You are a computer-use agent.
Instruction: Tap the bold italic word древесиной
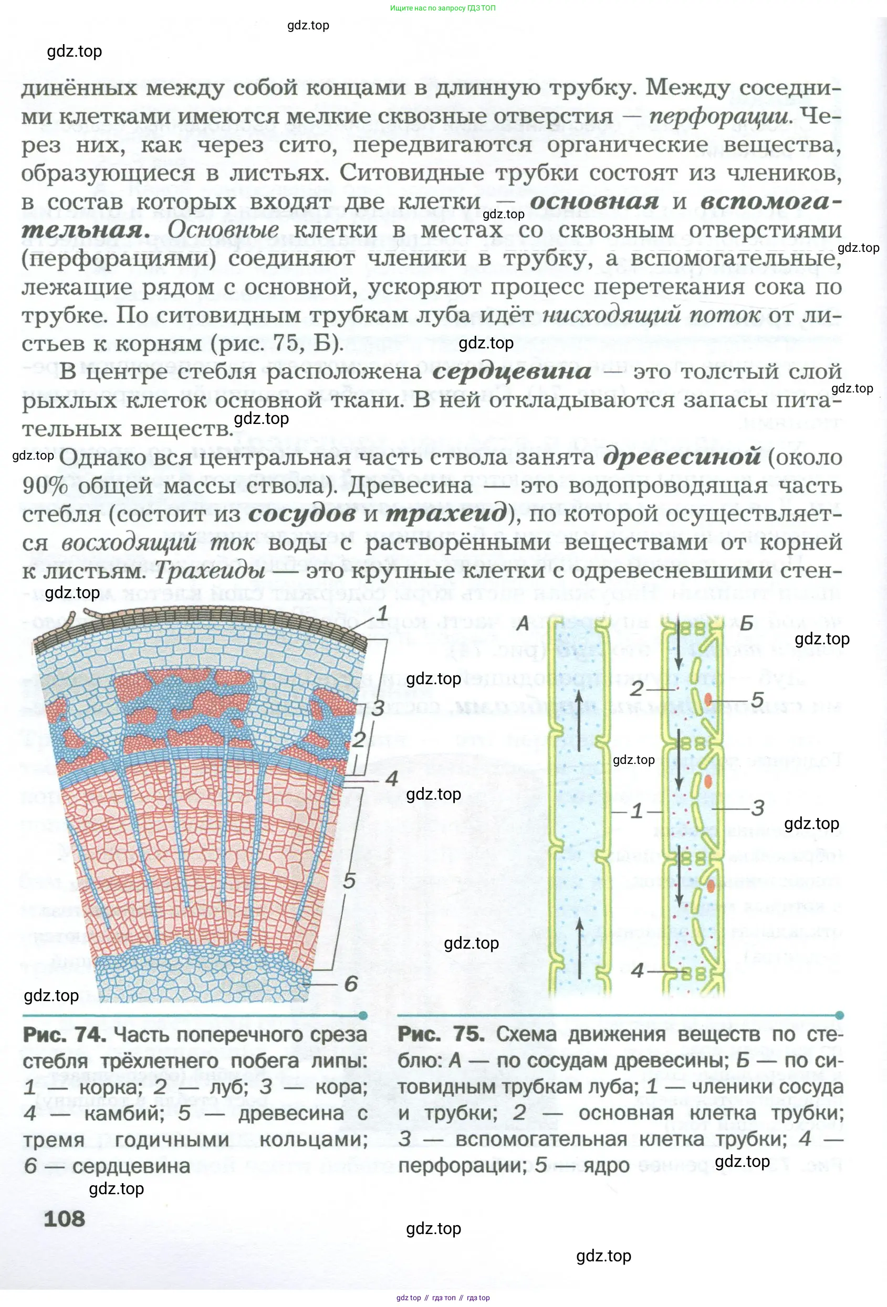(x=682, y=456)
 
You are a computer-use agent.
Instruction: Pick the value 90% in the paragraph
(x=45, y=486)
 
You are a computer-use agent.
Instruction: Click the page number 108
(x=64, y=1218)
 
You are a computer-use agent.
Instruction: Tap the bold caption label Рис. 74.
(x=64, y=1034)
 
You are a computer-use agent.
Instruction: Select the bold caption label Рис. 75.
(x=441, y=1034)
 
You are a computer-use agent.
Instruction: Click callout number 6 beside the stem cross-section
(x=351, y=983)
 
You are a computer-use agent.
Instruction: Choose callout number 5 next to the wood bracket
(x=349, y=881)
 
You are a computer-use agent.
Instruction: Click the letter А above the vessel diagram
(x=523, y=623)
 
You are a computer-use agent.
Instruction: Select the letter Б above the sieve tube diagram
(x=746, y=623)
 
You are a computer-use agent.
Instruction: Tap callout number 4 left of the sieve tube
(x=636, y=970)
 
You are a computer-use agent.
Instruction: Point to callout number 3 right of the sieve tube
(x=758, y=808)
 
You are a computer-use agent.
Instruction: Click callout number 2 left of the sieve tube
(x=636, y=688)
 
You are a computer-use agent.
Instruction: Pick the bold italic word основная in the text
(x=594, y=201)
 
